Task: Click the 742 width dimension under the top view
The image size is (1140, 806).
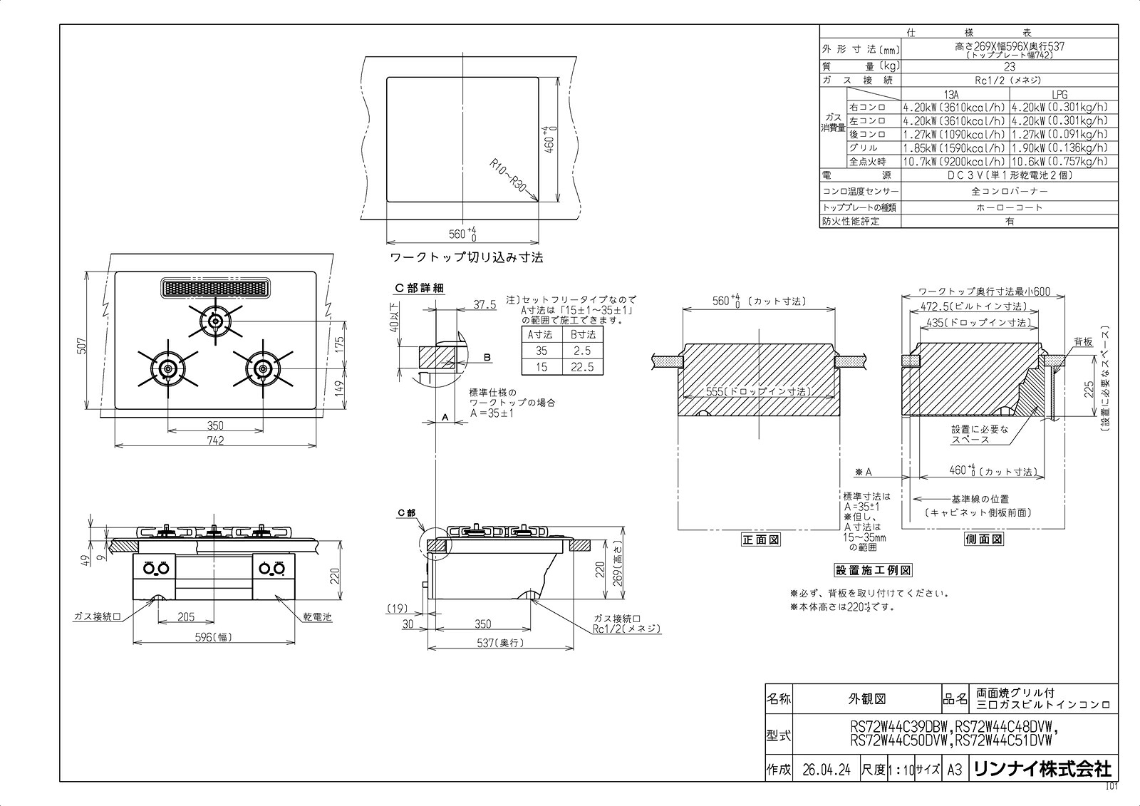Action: pyautogui.click(x=215, y=440)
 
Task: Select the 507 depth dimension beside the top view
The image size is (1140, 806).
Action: pyautogui.click(x=83, y=346)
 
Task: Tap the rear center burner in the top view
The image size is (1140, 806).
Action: pyautogui.click(x=215, y=321)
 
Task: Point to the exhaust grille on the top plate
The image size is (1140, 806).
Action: pyautogui.click(x=215, y=287)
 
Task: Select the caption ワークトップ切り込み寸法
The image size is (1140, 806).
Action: pyautogui.click(x=466, y=257)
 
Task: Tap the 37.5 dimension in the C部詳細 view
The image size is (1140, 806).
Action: pyautogui.click(x=484, y=304)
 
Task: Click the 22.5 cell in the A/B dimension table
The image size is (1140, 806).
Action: pyautogui.click(x=582, y=366)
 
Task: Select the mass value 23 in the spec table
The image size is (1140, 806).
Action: pyautogui.click(x=1009, y=67)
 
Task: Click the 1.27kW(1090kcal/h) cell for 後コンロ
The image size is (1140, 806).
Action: pyautogui.click(x=954, y=135)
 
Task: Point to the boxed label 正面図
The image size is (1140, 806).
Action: pyautogui.click(x=760, y=539)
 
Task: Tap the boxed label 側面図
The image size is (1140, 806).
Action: pyautogui.click(x=983, y=539)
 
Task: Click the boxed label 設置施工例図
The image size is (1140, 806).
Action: pyautogui.click(x=873, y=570)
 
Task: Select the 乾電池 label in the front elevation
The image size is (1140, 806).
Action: pyautogui.click(x=317, y=616)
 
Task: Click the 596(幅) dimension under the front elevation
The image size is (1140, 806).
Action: pyautogui.click(x=213, y=637)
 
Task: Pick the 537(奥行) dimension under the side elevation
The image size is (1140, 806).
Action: pyautogui.click(x=501, y=643)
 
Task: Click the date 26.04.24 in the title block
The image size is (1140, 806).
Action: pyautogui.click(x=826, y=770)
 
